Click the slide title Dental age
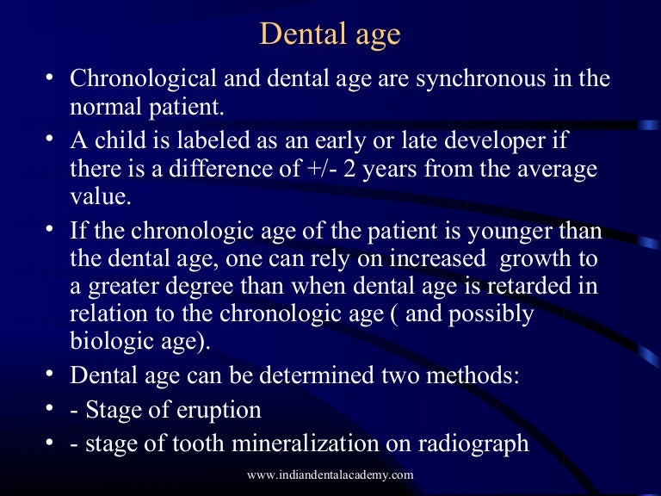(330, 34)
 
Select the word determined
(291, 376)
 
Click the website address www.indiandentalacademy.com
(330, 475)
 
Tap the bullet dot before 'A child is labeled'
(50, 138)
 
